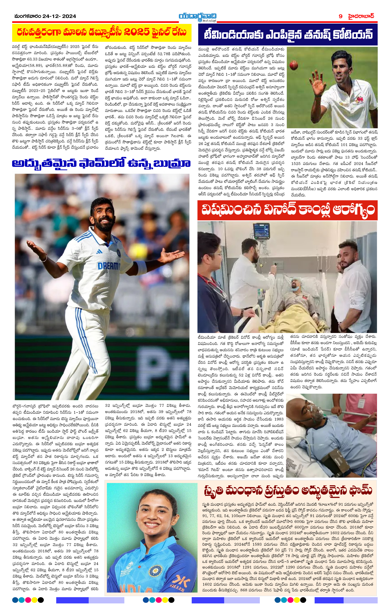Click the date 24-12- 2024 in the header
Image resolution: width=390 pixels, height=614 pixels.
click(59, 16)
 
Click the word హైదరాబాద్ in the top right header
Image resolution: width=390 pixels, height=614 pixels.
click(362, 16)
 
